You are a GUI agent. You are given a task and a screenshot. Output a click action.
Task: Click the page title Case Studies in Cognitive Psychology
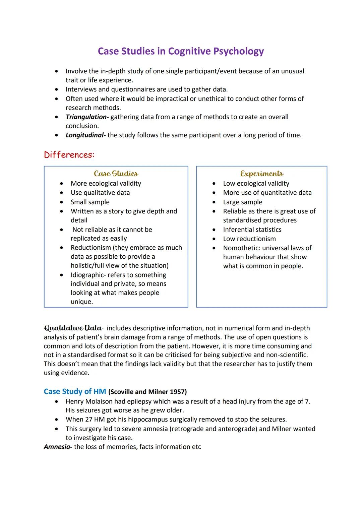[x=181, y=51]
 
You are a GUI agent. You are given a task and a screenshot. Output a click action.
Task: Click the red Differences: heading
[x=69, y=155]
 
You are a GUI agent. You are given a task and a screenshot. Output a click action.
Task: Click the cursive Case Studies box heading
[x=116, y=174]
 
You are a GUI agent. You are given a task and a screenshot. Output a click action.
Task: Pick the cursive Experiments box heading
[x=261, y=174]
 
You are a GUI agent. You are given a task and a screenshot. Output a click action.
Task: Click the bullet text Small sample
[x=90, y=202]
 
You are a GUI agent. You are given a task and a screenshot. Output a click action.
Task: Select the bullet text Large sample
[x=243, y=202]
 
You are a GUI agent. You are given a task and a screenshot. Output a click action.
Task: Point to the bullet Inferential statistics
[x=252, y=230]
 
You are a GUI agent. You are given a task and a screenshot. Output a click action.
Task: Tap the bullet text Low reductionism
[x=249, y=239]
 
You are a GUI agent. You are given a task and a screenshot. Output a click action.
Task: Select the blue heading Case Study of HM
[x=75, y=391]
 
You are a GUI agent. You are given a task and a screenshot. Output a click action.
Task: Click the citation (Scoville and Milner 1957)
[x=147, y=392]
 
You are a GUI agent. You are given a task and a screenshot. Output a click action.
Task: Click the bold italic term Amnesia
[x=58, y=447]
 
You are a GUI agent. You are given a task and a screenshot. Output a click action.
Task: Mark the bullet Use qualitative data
[x=100, y=193]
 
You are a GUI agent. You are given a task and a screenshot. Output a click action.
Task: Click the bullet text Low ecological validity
[x=256, y=183]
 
